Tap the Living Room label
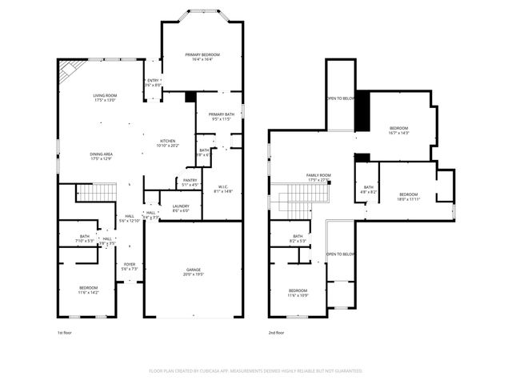(x=105, y=98)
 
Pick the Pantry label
(x=190, y=182)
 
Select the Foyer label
(x=130, y=266)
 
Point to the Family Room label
(x=318, y=178)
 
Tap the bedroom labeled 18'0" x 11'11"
(x=408, y=196)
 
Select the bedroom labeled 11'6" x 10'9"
(x=298, y=292)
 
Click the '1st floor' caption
(x=65, y=332)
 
